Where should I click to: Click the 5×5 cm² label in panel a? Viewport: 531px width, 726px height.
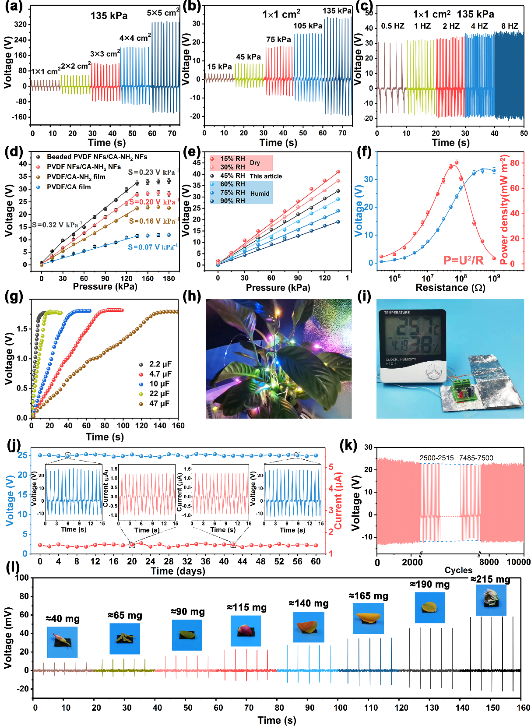pyautogui.click(x=163, y=13)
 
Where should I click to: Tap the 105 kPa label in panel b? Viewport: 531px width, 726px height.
pyautogui.click(x=308, y=26)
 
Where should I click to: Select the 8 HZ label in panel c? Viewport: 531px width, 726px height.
pyautogui.click(x=510, y=26)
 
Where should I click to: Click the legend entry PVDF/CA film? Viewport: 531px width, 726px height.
pyautogui.click(x=69, y=187)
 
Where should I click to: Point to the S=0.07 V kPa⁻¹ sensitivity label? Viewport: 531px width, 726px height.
pyautogui.click(x=152, y=247)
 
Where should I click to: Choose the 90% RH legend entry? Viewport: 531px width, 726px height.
pyautogui.click(x=232, y=201)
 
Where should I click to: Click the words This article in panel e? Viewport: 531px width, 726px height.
pyautogui.click(x=266, y=176)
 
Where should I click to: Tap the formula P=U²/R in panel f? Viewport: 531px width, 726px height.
pyautogui.click(x=463, y=261)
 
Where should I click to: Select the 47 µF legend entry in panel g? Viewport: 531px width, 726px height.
pyautogui.click(x=159, y=403)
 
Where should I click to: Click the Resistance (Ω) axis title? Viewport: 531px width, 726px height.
pyautogui.click(x=450, y=288)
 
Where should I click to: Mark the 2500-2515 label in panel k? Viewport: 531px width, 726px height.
pyautogui.click(x=436, y=458)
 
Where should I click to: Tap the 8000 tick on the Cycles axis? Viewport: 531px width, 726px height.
pyautogui.click(x=489, y=562)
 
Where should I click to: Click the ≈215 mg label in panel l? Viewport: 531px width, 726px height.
pyautogui.click(x=490, y=580)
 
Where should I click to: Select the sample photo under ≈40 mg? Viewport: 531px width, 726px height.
pyautogui.click(x=62, y=642)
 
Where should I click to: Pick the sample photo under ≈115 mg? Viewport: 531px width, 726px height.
pyautogui.click(x=246, y=631)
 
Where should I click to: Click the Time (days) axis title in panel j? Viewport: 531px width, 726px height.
pyautogui.click(x=178, y=571)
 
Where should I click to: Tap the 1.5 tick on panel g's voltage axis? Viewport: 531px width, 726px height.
pyautogui.click(x=22, y=329)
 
